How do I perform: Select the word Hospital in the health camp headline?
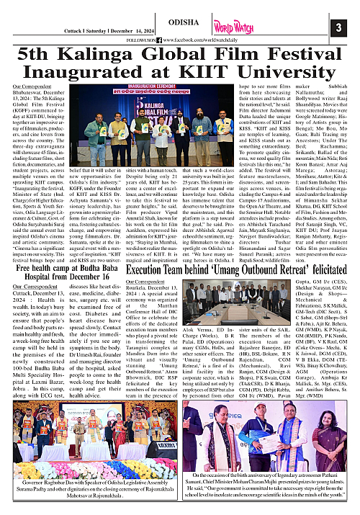(37, 256)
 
